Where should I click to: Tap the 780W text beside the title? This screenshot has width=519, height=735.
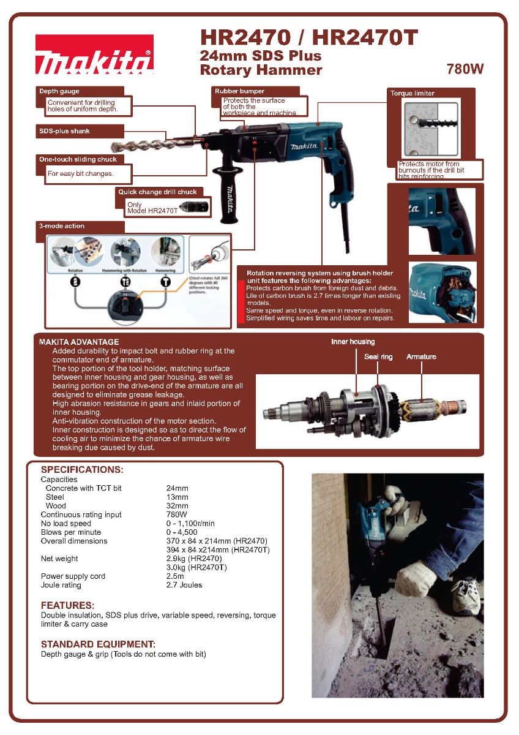click(465, 69)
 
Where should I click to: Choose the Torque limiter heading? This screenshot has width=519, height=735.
click(413, 93)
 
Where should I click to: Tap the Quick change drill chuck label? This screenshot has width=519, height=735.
click(158, 192)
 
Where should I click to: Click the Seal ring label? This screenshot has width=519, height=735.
click(378, 356)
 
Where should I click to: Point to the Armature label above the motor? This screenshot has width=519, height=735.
click(421, 356)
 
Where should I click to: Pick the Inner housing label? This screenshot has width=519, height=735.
click(353, 342)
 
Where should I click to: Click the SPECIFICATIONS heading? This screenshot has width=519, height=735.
click(82, 470)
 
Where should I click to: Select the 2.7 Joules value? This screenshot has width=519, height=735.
click(184, 585)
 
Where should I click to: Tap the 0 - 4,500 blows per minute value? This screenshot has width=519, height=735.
click(182, 532)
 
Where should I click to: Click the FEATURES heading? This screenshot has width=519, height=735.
click(67, 606)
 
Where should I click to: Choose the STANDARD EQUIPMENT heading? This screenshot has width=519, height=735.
click(98, 644)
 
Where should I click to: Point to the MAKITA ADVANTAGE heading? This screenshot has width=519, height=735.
click(79, 342)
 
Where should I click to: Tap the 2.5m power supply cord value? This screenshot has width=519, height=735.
click(176, 576)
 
